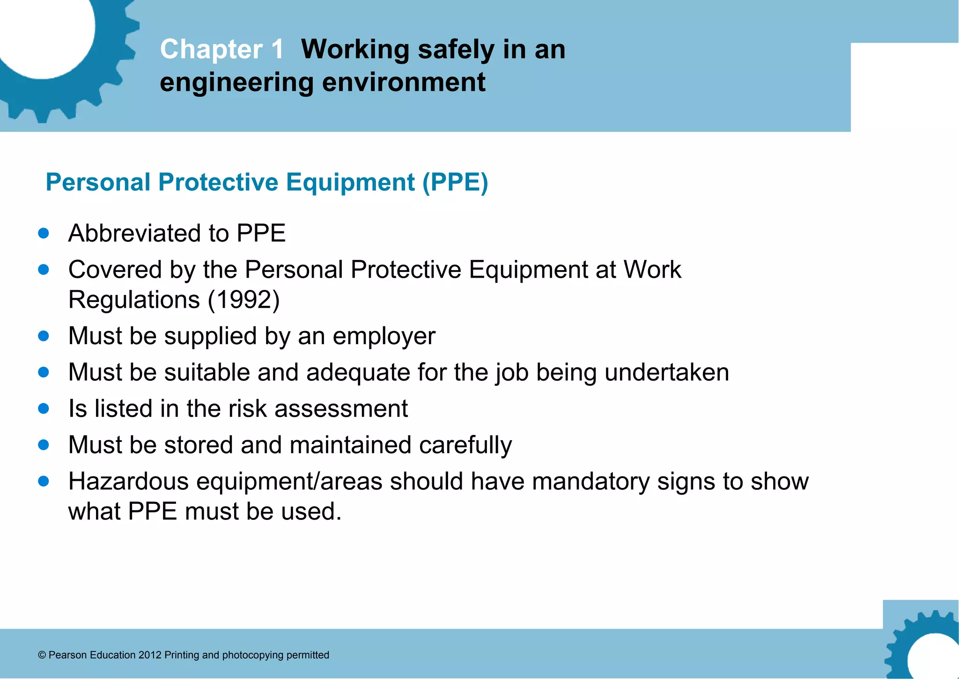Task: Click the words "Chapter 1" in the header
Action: pyautogui.click(x=221, y=49)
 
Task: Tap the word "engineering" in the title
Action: pyautogui.click(x=236, y=82)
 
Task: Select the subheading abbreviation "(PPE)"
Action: pyautogui.click(x=455, y=182)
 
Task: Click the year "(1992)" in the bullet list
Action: pyautogui.click(x=243, y=300)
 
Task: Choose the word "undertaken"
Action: pyautogui.click(x=666, y=372)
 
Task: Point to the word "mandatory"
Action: pyautogui.click(x=590, y=481)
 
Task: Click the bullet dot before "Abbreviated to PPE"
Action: pyautogui.click(x=44, y=233)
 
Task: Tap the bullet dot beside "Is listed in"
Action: pyautogui.click(x=44, y=408)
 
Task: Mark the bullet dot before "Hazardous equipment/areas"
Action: pyautogui.click(x=44, y=481)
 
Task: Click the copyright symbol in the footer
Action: pyautogui.click(x=42, y=655)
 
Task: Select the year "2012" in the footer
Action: pyautogui.click(x=150, y=655)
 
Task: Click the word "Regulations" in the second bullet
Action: pyautogui.click(x=134, y=300)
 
